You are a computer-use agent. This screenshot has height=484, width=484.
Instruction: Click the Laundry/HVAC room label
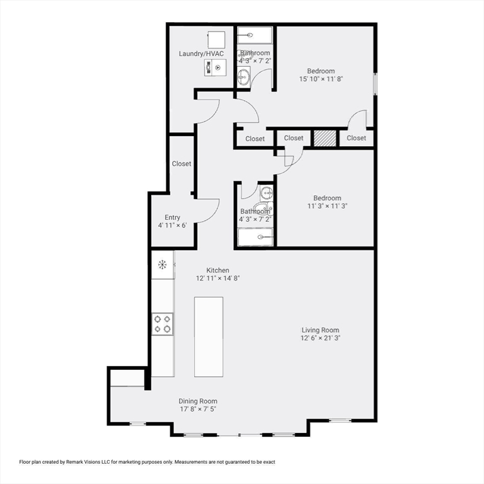(201, 54)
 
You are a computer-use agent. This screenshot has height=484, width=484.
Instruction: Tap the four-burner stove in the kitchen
(163, 324)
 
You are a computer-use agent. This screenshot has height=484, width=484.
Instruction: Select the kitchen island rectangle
(209, 337)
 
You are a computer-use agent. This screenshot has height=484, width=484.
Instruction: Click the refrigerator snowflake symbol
(163, 265)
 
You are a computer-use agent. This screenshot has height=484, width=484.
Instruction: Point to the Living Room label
(320, 330)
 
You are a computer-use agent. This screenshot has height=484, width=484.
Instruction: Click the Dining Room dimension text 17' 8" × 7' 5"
(198, 409)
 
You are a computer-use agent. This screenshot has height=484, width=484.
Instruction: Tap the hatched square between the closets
(325, 138)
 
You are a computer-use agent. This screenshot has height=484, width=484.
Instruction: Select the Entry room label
(172, 217)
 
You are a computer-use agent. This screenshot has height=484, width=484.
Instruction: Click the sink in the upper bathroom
(244, 76)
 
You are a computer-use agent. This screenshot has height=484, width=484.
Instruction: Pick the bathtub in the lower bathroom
(255, 237)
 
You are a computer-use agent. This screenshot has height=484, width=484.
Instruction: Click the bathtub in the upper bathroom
(255, 35)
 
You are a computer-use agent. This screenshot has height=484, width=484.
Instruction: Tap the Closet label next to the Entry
(181, 164)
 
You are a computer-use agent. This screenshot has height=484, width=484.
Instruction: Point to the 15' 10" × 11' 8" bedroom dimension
(321, 79)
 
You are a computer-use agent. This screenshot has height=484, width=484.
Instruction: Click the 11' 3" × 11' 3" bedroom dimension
(327, 206)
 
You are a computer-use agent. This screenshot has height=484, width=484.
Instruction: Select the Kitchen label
(217, 270)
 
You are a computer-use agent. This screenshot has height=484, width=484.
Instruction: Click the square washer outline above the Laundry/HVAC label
(216, 40)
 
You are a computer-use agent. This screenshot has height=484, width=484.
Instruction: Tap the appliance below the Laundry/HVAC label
(215, 67)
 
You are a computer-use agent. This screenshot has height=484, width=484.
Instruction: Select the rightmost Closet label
(356, 138)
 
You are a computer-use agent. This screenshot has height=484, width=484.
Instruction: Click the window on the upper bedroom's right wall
(376, 84)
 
